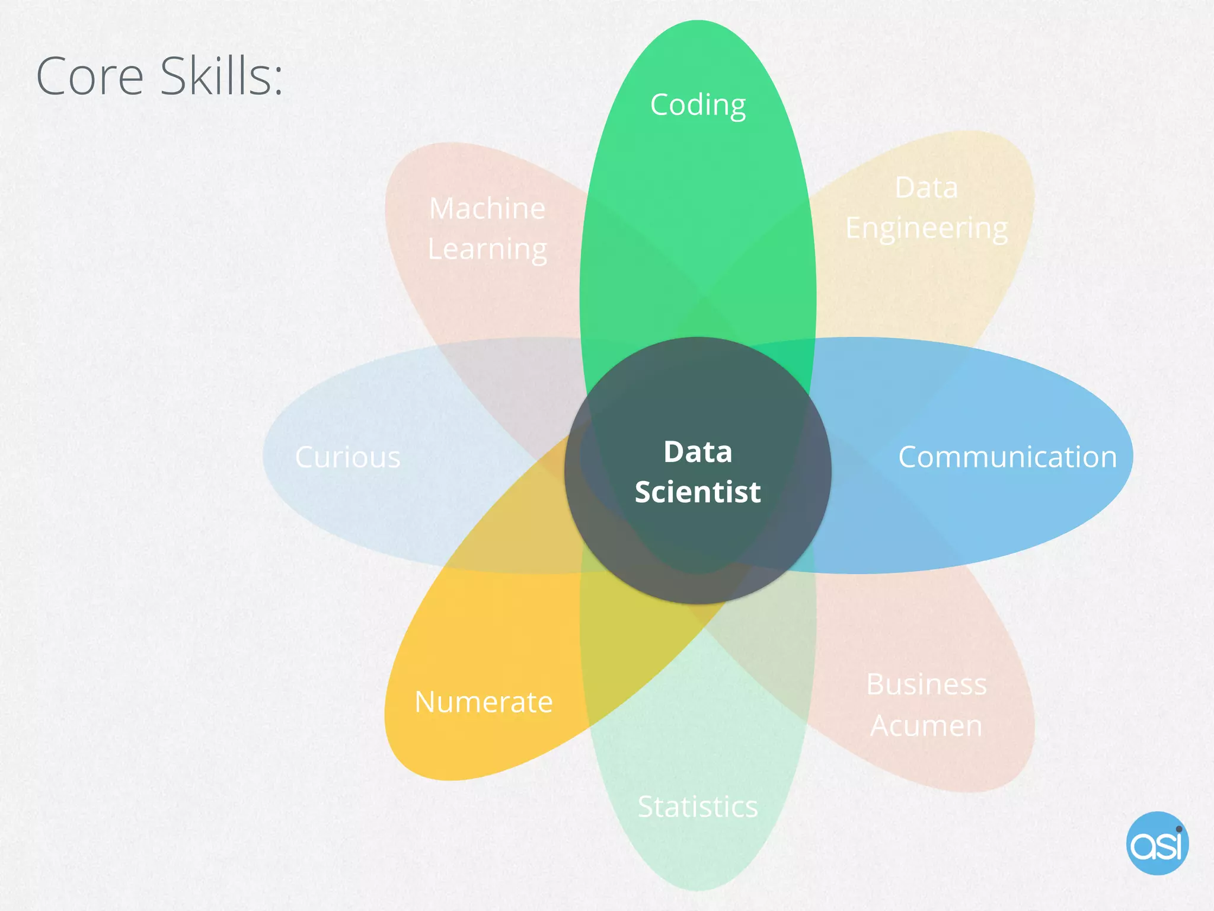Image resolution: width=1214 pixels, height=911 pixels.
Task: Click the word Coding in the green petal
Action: (698, 106)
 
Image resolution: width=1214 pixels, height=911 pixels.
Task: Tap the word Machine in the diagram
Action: (487, 209)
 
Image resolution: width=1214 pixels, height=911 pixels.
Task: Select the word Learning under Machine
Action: (487, 250)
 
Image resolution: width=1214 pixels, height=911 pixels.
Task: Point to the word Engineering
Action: (927, 229)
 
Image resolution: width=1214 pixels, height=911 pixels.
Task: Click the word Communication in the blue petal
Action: (1007, 457)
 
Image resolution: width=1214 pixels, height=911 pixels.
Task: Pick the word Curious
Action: (348, 458)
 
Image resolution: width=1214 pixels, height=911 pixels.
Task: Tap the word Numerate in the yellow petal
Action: (484, 702)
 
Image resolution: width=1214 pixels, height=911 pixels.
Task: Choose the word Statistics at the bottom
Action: (698, 807)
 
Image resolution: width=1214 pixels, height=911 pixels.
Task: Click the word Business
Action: (927, 684)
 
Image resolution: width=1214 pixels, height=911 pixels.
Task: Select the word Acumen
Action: (926, 726)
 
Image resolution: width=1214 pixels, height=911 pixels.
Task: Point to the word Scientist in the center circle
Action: (698, 492)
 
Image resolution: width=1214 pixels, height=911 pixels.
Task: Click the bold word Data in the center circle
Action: (698, 452)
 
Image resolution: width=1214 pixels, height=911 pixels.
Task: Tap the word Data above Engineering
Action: (926, 188)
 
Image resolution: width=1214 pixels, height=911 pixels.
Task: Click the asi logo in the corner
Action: (1157, 843)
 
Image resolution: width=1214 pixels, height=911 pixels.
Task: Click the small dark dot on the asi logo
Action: (1179, 829)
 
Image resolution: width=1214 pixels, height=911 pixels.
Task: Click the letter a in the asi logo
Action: (1143, 846)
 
